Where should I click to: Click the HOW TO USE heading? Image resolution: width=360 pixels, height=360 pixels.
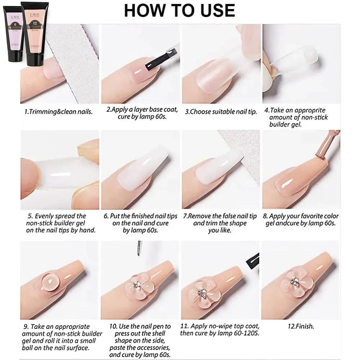[179, 10]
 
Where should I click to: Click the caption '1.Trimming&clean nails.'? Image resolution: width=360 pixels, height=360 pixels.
[58, 112]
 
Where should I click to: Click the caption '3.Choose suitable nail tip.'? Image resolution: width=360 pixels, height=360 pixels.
[221, 112]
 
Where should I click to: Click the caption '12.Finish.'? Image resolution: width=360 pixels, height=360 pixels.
[301, 327]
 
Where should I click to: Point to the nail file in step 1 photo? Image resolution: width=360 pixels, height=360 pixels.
[77, 61]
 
